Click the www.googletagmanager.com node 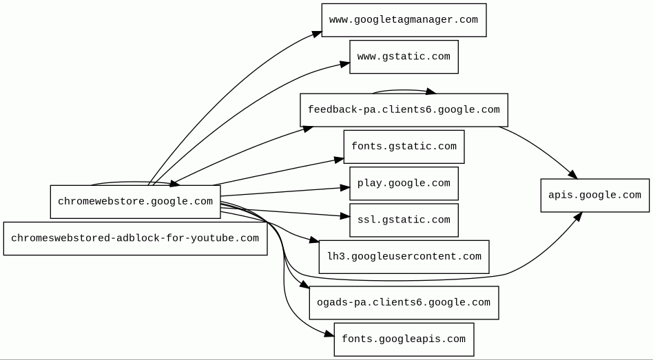[x=404, y=20]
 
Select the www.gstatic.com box [x=404, y=56]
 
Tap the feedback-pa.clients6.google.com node [x=404, y=110]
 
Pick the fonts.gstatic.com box [x=404, y=147]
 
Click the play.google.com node [x=404, y=183]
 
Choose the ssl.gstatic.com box [x=404, y=220]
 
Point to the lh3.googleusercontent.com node [x=404, y=257]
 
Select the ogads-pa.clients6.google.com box [x=404, y=303]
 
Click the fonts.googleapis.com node [x=404, y=339]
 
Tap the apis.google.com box [x=594, y=195]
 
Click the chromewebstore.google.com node [x=135, y=202]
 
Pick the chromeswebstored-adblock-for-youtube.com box [x=135, y=238]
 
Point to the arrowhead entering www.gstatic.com [x=345, y=64]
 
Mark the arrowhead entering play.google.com [x=345, y=187]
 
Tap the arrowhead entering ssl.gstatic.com [x=345, y=216]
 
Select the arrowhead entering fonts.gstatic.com [x=340, y=160]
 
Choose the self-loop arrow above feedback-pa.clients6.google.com [x=403, y=90]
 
